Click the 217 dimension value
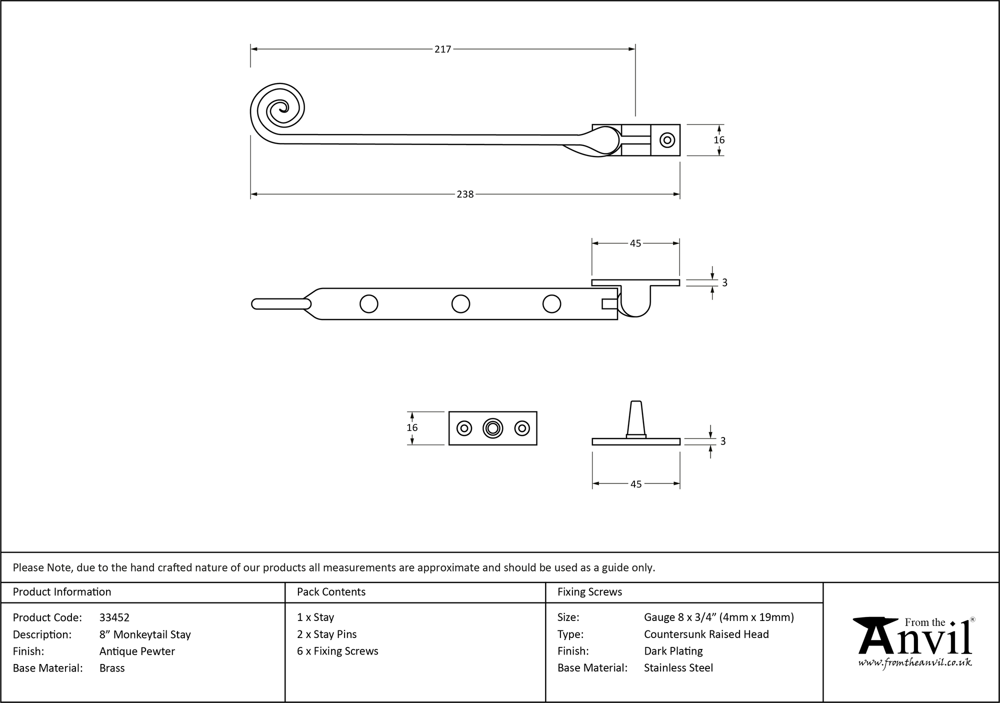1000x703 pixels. click(442, 49)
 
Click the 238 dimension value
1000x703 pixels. click(465, 194)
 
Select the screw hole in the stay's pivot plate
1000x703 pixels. click(667, 140)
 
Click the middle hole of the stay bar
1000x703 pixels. click(460, 304)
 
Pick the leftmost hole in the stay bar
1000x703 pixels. click(369, 304)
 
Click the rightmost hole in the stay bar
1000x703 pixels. click(551, 304)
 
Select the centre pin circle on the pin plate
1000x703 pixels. click(492, 428)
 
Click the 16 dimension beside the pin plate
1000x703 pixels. click(412, 427)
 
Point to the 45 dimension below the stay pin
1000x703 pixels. click(635, 484)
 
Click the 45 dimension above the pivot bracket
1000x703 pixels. click(635, 243)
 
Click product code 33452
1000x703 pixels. click(114, 617)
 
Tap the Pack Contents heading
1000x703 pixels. click(331, 592)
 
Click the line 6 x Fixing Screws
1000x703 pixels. click(337, 651)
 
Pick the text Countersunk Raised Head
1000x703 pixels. click(706, 634)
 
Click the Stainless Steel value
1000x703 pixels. click(678, 667)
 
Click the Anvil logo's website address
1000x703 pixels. click(915, 662)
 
